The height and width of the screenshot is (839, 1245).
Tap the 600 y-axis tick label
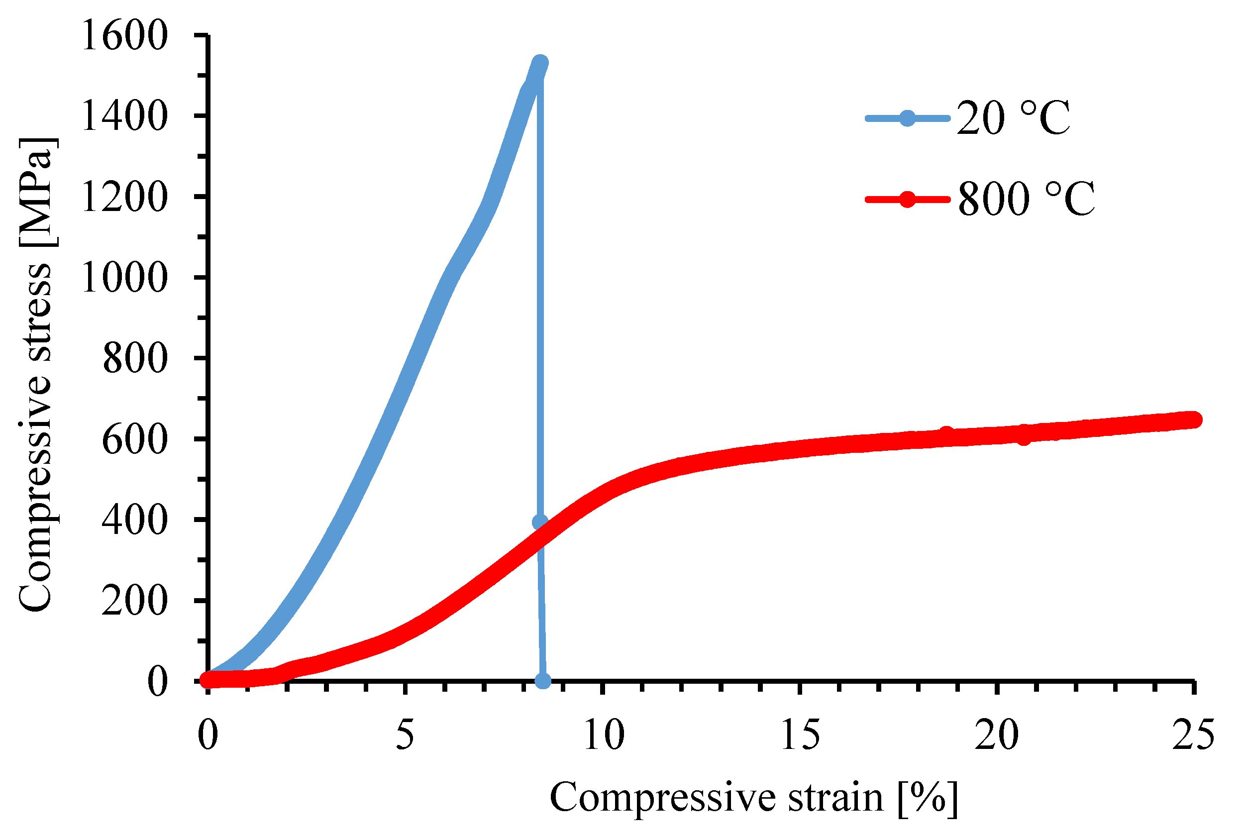click(134, 440)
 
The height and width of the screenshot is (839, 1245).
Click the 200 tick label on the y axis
click(134, 601)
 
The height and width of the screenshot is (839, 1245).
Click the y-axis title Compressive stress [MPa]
click(36, 375)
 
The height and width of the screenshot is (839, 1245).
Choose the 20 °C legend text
click(1013, 118)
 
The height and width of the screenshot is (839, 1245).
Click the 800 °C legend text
click(1026, 199)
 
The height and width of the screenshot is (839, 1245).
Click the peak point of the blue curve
click(541, 63)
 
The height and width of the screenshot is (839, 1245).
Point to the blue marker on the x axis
click(542, 681)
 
